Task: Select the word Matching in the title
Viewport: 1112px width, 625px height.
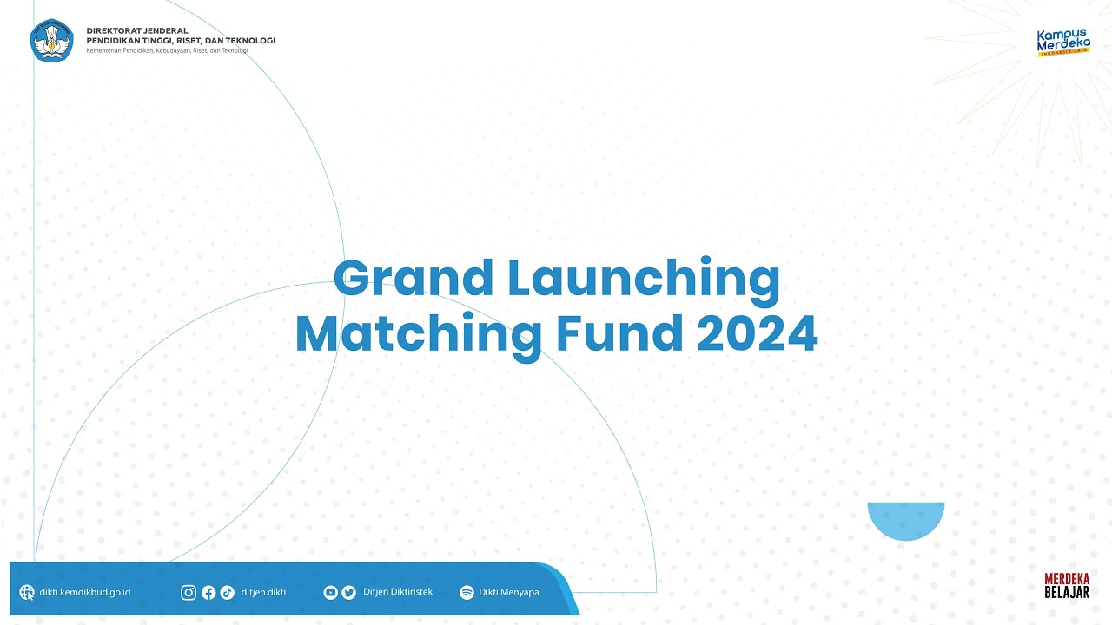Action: (x=414, y=335)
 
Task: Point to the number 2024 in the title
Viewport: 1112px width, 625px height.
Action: (x=757, y=333)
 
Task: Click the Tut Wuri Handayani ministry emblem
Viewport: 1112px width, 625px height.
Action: (x=52, y=39)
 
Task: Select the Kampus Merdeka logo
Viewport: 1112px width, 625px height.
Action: (x=1063, y=43)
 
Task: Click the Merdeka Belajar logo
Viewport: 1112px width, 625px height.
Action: (x=1066, y=585)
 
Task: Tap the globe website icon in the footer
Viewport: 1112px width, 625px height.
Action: (x=27, y=593)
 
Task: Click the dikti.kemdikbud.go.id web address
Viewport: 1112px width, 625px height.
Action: (x=85, y=593)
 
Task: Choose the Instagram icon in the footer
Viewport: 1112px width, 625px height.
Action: (x=189, y=593)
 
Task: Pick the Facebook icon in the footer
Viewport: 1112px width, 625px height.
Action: (x=208, y=593)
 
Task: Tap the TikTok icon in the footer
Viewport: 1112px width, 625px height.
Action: (x=227, y=593)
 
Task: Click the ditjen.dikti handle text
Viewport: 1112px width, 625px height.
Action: (x=263, y=593)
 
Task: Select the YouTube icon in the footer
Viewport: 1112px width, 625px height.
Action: (x=330, y=593)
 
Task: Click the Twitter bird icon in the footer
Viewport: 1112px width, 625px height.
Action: (x=348, y=593)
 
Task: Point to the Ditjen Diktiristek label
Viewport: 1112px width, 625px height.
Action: (x=397, y=592)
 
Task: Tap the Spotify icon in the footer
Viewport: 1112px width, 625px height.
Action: (x=467, y=593)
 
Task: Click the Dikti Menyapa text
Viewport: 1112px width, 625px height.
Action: (x=508, y=593)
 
